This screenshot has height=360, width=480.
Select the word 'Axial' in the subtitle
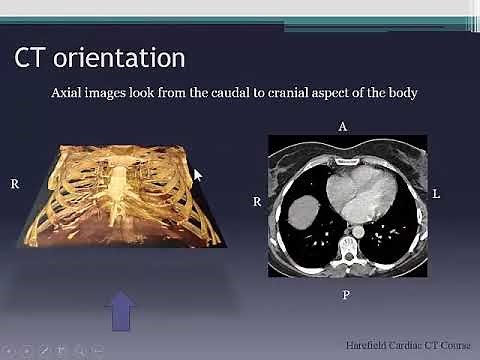(x=67, y=92)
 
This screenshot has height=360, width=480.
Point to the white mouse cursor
(x=197, y=175)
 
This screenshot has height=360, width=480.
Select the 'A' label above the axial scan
(x=343, y=127)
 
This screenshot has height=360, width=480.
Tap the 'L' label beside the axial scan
(x=436, y=193)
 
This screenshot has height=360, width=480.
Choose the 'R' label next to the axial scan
(x=257, y=201)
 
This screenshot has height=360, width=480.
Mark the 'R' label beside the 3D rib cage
(x=14, y=184)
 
